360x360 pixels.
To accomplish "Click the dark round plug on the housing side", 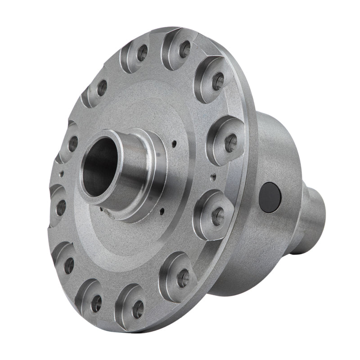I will point(270,196).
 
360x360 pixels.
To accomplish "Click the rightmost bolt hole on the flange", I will point(231,143).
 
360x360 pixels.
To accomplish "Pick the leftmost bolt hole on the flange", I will point(60,207).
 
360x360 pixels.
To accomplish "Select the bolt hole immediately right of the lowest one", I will point(183,278).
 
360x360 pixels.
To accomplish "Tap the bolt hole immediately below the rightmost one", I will point(218,216).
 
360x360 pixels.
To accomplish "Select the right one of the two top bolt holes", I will point(184,49).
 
